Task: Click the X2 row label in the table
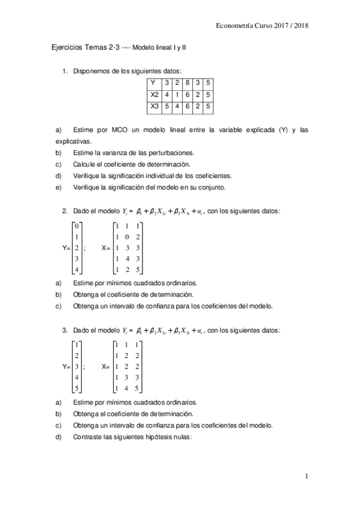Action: (155, 95)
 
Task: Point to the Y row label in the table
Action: (153, 83)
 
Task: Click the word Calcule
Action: (84, 164)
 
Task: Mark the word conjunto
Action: (209, 187)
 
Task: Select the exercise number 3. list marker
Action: (65, 330)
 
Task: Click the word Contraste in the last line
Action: (87, 437)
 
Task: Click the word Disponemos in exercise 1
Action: (90, 72)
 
